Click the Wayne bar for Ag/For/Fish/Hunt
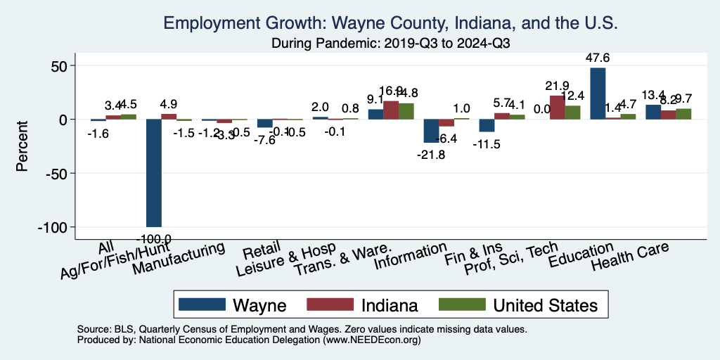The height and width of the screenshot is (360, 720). (153, 173)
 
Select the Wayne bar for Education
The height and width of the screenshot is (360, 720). (598, 94)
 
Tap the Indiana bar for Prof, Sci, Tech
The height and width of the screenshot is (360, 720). (557, 108)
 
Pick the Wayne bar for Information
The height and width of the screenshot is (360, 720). (431, 131)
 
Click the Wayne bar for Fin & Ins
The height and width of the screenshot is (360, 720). (487, 125)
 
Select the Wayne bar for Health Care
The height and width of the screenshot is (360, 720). (653, 112)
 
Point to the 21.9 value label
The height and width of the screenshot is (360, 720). (557, 86)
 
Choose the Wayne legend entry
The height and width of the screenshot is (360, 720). (233, 305)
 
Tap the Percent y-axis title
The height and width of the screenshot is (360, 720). (23, 147)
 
